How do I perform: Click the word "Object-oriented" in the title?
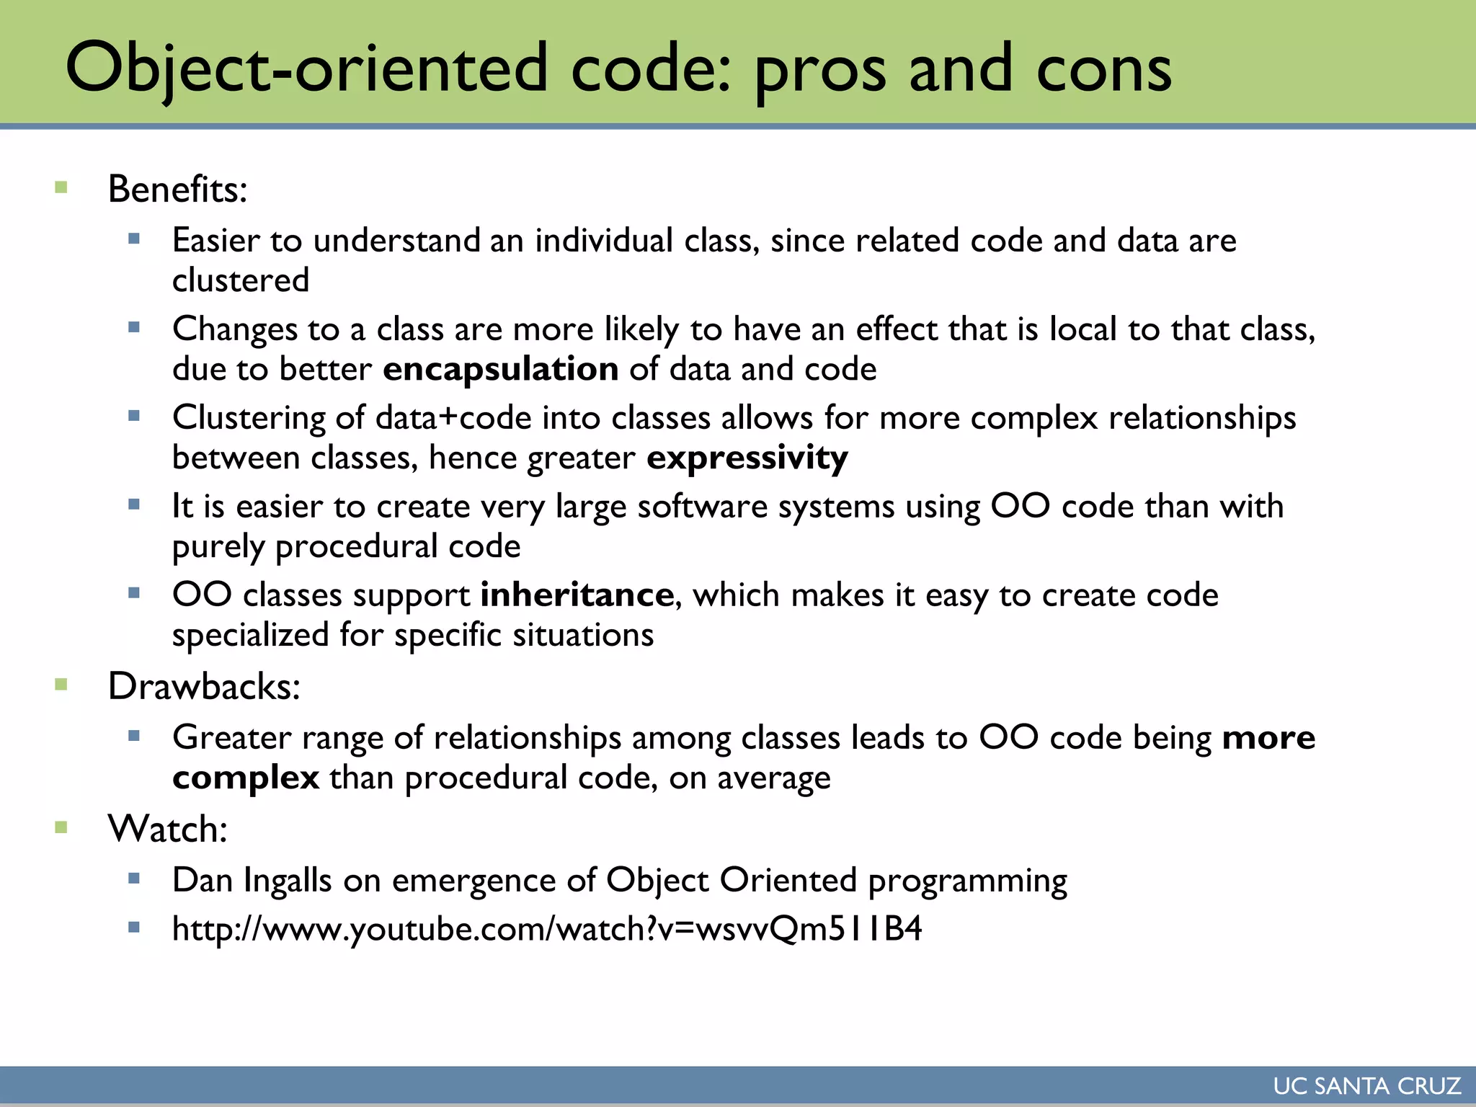point(306,68)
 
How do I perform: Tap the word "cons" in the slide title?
point(1103,68)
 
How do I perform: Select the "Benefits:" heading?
point(177,190)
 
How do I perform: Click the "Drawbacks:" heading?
point(204,686)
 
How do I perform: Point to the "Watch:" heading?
point(168,829)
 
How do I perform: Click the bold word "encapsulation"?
point(500,370)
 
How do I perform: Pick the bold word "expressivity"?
point(747,458)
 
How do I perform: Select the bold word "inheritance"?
point(577,595)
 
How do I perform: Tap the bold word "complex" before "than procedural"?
point(246,778)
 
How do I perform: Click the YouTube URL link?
point(547,929)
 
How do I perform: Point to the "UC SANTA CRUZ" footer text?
point(1366,1086)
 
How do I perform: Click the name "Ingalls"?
point(288,881)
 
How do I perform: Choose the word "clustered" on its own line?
point(241,280)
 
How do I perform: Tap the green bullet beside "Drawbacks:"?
point(61,685)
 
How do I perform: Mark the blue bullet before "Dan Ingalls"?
point(134,879)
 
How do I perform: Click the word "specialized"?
point(251,636)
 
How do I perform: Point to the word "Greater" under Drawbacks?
point(231,738)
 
